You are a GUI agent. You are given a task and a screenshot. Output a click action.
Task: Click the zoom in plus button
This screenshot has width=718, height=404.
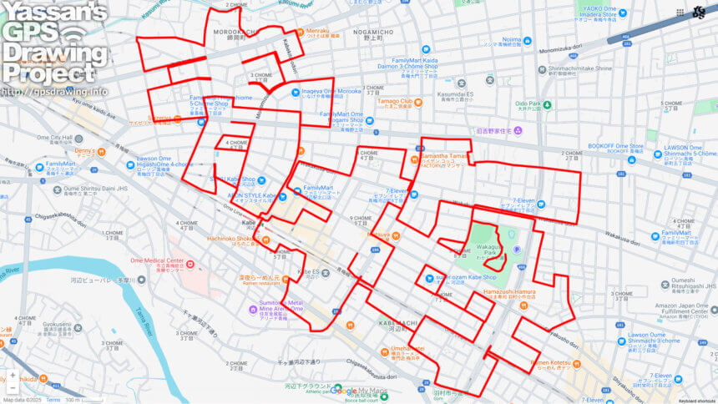[x=13, y=376]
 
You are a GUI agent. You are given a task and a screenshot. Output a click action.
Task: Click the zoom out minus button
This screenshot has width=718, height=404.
[x=13, y=388]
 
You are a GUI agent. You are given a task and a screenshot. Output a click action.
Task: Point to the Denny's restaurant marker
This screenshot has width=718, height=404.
[x=102, y=152]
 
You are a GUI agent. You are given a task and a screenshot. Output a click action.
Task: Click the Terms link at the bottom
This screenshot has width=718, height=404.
[x=53, y=400]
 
